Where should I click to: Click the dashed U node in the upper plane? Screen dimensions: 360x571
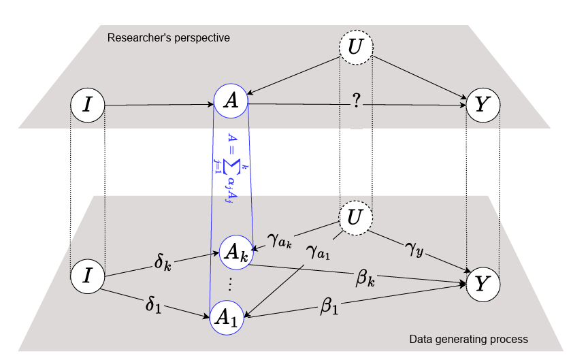pos(356,48)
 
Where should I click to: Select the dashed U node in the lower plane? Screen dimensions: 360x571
pos(356,218)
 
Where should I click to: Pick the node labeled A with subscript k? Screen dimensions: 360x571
pos(235,253)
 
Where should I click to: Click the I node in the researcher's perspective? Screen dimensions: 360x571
pos(88,105)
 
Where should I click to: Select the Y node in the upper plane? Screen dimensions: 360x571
pos(483,105)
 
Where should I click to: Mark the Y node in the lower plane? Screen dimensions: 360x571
pos(483,284)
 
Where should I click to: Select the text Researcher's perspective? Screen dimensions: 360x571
pos(169,37)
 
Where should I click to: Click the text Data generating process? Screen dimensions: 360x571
pos(468,338)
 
